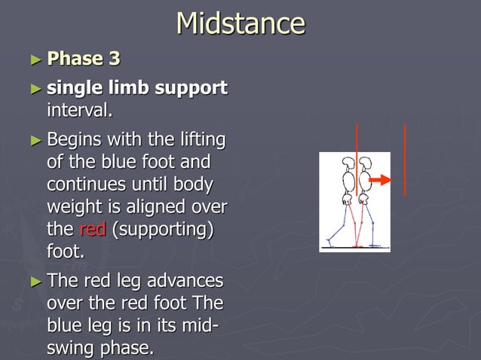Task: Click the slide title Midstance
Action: [240, 23]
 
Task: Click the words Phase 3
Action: [83, 58]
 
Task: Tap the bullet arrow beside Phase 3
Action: [35, 59]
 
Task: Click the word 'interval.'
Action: [80, 111]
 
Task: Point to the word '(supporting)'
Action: [162, 229]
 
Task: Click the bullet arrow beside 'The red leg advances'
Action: [35, 282]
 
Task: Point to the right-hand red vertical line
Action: [406, 160]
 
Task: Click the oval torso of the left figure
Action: [348, 182]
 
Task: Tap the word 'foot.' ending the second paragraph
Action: [66, 252]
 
